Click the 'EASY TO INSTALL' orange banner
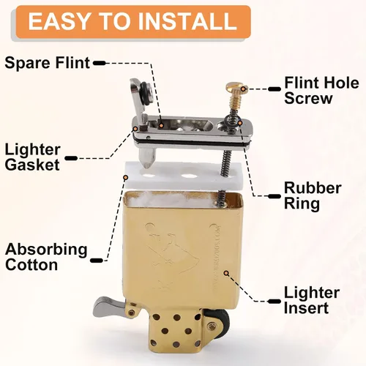133,21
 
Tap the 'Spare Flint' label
48,63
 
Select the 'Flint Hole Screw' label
321,90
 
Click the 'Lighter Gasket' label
32,157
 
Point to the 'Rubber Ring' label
313,195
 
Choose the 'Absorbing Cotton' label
46,257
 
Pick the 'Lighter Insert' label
312,300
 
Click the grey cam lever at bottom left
108,305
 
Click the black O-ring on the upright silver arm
145,93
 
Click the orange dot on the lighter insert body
226,273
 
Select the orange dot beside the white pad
126,176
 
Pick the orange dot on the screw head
243,89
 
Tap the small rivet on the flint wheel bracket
212,325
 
